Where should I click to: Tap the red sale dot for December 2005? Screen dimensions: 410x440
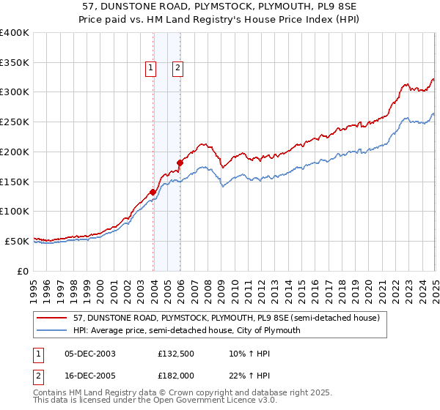pos(180,163)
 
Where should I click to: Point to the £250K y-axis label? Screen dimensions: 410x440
pos(15,122)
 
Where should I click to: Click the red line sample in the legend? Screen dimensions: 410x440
pos(53,318)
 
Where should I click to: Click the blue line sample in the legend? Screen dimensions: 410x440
pos(53,330)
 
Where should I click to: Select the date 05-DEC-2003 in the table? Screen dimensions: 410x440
pos(90,354)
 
